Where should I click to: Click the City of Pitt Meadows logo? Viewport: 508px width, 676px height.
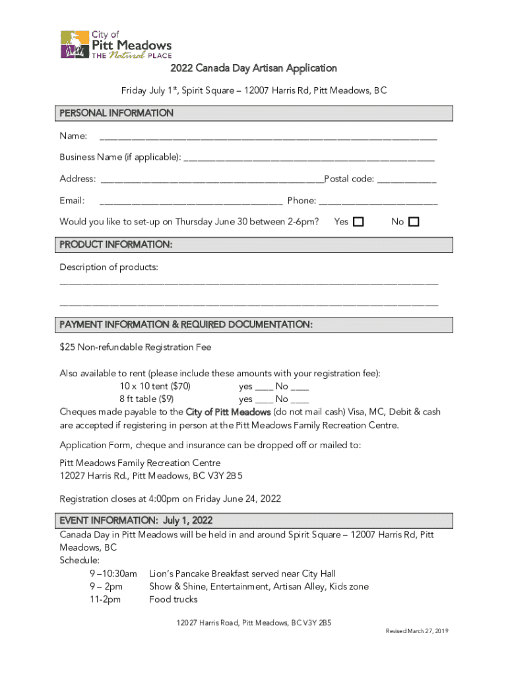(115, 44)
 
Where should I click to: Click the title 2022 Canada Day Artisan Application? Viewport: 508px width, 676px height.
(254, 68)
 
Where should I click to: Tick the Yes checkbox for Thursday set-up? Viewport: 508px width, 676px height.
(358, 222)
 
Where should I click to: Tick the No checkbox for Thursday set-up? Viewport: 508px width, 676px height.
(414, 222)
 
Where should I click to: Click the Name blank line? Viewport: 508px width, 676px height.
(267, 137)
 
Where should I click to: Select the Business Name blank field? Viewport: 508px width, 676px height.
(309, 158)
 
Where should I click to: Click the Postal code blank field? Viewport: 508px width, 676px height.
(406, 180)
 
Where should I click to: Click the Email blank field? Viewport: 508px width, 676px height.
(191, 201)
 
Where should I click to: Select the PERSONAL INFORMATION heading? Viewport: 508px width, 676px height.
(117, 113)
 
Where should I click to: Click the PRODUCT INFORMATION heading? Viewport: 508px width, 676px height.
(116, 244)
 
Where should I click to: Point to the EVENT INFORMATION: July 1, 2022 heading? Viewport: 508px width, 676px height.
(136, 520)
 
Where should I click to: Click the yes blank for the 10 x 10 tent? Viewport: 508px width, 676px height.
(265, 387)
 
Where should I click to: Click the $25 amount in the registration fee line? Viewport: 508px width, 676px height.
(67, 347)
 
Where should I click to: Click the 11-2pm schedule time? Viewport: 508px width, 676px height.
(106, 599)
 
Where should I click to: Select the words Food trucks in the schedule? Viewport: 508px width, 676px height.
(174, 599)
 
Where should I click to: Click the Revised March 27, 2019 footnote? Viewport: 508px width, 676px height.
(417, 632)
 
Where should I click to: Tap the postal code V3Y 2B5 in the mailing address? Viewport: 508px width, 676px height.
(231, 476)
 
